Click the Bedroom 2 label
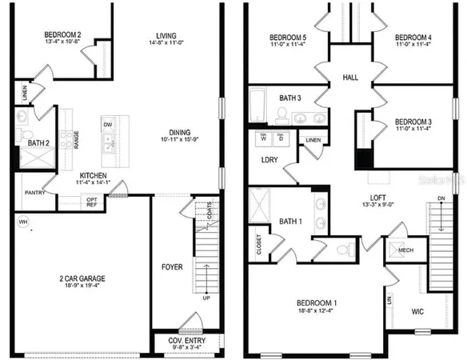[62, 35]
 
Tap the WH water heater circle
[21, 222]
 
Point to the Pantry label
[35, 192]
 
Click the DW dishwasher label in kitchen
[106, 126]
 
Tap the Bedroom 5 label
[287, 37]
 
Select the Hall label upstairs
[350, 78]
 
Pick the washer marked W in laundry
[264, 138]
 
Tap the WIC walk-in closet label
[418, 310]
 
